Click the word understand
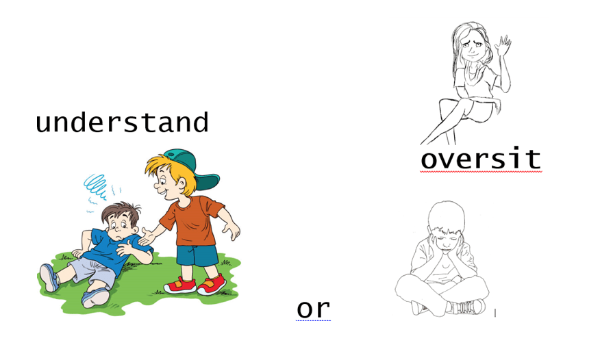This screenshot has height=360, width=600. [122, 123]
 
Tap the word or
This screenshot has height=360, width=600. [313, 309]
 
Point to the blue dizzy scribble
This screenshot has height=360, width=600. [95, 186]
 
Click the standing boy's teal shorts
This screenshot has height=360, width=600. [197, 255]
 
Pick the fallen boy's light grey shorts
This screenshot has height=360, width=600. [93, 272]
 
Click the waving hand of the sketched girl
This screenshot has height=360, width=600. [503, 45]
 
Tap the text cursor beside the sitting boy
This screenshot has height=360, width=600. [495, 313]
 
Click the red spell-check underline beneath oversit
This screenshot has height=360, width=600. [481, 172]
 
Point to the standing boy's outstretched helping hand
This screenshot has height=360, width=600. [147, 236]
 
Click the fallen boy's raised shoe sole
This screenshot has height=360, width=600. [48, 278]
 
